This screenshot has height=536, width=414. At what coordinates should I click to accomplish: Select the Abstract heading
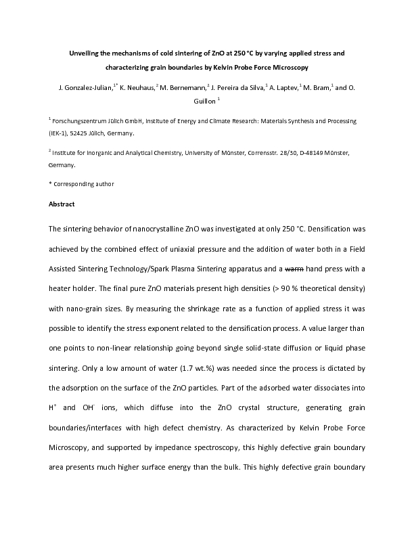tap(62, 204)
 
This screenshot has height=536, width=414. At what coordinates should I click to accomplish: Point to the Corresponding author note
tap(85, 183)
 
